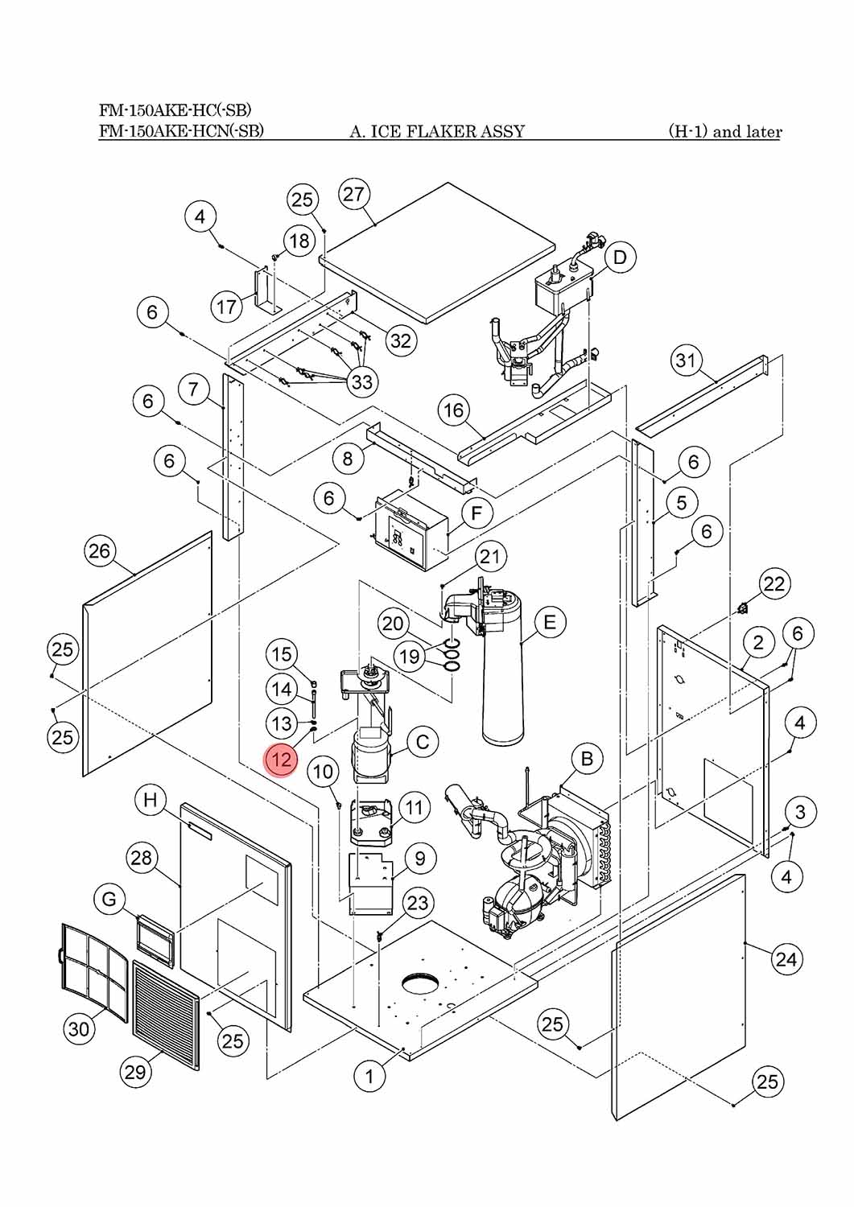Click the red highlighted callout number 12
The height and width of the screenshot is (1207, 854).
[x=281, y=760]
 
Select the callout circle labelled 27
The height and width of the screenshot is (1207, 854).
[x=353, y=194]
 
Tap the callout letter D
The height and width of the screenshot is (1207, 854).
[x=620, y=257]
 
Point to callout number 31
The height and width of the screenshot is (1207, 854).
[x=686, y=360]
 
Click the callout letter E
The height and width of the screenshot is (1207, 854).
[x=550, y=622]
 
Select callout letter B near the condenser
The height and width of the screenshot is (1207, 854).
[x=587, y=759]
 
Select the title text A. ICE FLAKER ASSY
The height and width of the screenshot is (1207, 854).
[x=437, y=131]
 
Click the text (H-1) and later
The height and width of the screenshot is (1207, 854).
[x=725, y=131]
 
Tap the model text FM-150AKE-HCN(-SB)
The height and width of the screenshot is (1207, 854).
[x=181, y=131]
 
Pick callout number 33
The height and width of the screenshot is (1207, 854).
[x=362, y=381]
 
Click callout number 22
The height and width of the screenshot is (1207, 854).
[x=774, y=583]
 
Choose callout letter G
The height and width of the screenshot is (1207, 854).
[x=109, y=899]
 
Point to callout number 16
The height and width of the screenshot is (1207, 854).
[x=453, y=410]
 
